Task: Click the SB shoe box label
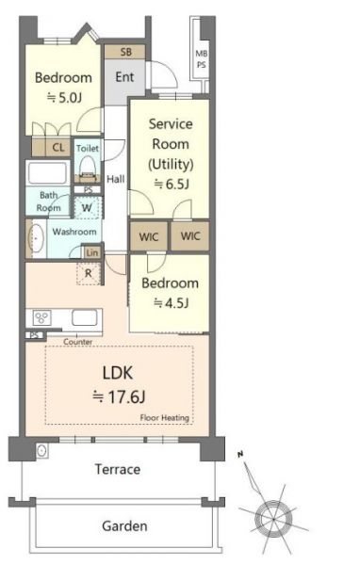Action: point(126,52)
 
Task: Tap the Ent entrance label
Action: point(124,77)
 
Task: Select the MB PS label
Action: point(202,59)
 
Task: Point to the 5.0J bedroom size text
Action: point(64,97)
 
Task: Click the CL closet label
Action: point(58,148)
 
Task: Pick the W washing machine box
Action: point(88,207)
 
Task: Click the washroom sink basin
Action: point(36,238)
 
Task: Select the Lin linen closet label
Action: point(92,252)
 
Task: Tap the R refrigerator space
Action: point(89,273)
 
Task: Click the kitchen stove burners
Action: point(41,317)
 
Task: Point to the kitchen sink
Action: point(85,318)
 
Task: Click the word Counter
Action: point(78,342)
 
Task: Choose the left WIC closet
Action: point(149,236)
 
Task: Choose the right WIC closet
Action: point(190,236)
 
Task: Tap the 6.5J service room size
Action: point(172,185)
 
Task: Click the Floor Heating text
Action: point(165,417)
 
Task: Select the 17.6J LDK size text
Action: point(119,397)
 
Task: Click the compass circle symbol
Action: point(273,519)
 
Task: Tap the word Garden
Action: point(124,526)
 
